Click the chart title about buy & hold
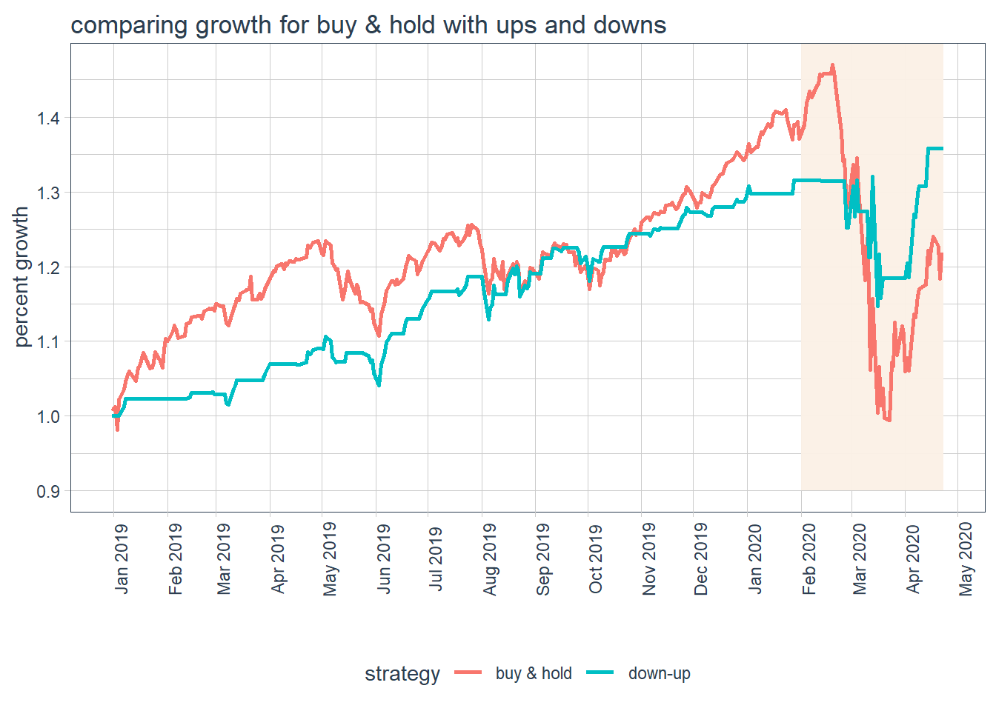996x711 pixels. tap(368, 25)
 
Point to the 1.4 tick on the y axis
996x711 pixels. tap(49, 118)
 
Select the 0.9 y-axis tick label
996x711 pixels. tap(49, 491)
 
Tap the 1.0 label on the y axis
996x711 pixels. tap(49, 416)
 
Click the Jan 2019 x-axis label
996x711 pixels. tap(122, 558)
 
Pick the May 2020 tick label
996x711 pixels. tap(966, 558)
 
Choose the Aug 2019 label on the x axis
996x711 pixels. tap(490, 558)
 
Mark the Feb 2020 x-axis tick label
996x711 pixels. tap(809, 558)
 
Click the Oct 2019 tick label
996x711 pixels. tap(596, 558)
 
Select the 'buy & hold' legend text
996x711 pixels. tap(534, 673)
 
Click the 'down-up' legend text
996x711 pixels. tap(659, 673)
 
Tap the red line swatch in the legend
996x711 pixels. tap(468, 672)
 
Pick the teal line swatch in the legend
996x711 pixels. tap(601, 672)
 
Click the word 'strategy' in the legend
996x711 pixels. tap(402, 674)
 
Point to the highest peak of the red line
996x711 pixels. tap(833, 65)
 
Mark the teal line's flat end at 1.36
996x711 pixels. tap(935, 149)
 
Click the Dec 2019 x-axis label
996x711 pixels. tap(701, 558)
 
